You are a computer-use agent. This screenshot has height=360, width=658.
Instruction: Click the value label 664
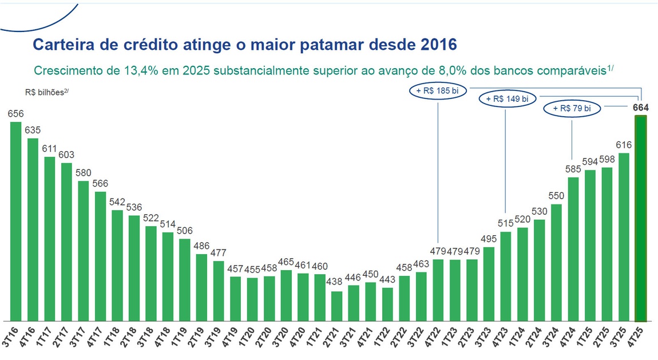click(641, 108)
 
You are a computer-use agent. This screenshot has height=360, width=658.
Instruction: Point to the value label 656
click(15, 113)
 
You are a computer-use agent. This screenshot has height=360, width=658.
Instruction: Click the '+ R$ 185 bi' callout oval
click(438, 90)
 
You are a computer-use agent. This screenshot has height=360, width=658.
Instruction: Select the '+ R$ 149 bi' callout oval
click(506, 99)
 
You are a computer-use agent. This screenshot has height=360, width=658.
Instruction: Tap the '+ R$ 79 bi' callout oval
click(573, 108)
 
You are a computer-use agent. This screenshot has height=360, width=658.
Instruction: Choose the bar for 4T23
click(505, 276)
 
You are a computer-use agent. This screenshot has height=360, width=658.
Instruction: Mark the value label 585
click(573, 169)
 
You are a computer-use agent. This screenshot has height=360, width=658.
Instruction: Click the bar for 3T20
click(286, 295)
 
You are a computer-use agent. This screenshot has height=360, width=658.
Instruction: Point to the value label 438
click(336, 282)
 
